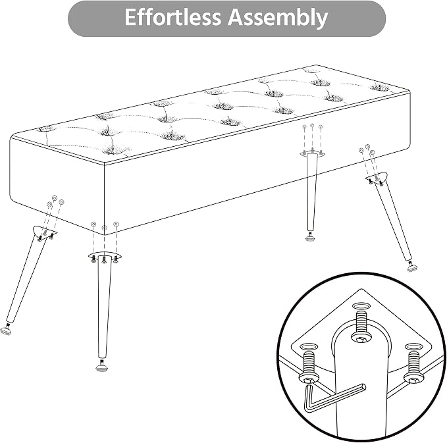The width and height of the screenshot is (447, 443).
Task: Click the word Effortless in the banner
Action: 172,17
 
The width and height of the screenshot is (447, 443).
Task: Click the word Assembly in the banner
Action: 277,18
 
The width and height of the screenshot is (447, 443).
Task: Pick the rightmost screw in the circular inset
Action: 413,367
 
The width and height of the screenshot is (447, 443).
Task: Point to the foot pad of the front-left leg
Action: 6,330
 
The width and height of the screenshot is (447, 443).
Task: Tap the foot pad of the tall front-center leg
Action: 102,367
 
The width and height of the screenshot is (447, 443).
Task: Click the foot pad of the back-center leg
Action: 311,237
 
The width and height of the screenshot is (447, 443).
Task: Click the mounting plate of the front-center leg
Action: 105,255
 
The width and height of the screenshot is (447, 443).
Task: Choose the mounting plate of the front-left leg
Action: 43,232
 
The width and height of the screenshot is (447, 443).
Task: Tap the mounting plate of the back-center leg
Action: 313,153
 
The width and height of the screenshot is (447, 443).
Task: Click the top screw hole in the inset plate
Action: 361,306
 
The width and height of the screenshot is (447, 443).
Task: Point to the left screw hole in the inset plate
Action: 309,347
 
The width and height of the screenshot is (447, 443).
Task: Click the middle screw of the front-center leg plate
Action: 104,259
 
